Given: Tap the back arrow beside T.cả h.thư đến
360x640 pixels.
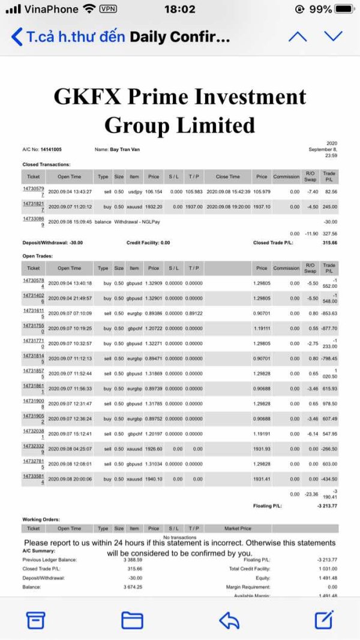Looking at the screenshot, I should [x=17, y=37].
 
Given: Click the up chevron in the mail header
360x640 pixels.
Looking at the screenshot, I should [x=297, y=37].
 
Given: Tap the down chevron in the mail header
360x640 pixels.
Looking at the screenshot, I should [x=333, y=37].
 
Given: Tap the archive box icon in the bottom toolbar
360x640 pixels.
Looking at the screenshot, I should [x=36, y=620].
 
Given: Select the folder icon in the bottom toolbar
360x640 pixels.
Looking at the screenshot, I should [x=132, y=620].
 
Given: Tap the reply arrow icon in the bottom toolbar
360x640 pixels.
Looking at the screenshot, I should [x=229, y=620].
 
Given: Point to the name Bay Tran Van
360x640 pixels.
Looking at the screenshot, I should [x=128, y=149].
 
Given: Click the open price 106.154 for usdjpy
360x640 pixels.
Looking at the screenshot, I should [x=154, y=192].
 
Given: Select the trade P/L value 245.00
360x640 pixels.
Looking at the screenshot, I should [x=329, y=206].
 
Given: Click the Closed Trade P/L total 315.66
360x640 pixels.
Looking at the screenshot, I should [x=326, y=243].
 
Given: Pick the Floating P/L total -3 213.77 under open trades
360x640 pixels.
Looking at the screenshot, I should [x=326, y=506].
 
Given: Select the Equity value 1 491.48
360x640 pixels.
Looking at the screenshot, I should [x=326, y=578].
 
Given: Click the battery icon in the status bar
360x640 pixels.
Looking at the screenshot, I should [x=344, y=10].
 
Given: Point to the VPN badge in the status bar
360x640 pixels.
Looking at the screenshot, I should [x=108, y=10].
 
